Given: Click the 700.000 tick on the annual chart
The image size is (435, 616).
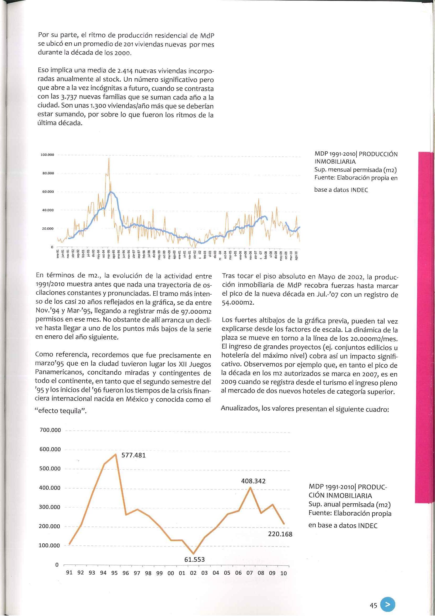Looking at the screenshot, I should click(50, 430).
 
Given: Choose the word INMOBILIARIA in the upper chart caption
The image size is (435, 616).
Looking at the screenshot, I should click(335, 162).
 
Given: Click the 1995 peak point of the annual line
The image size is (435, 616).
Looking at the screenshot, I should click(115, 454).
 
